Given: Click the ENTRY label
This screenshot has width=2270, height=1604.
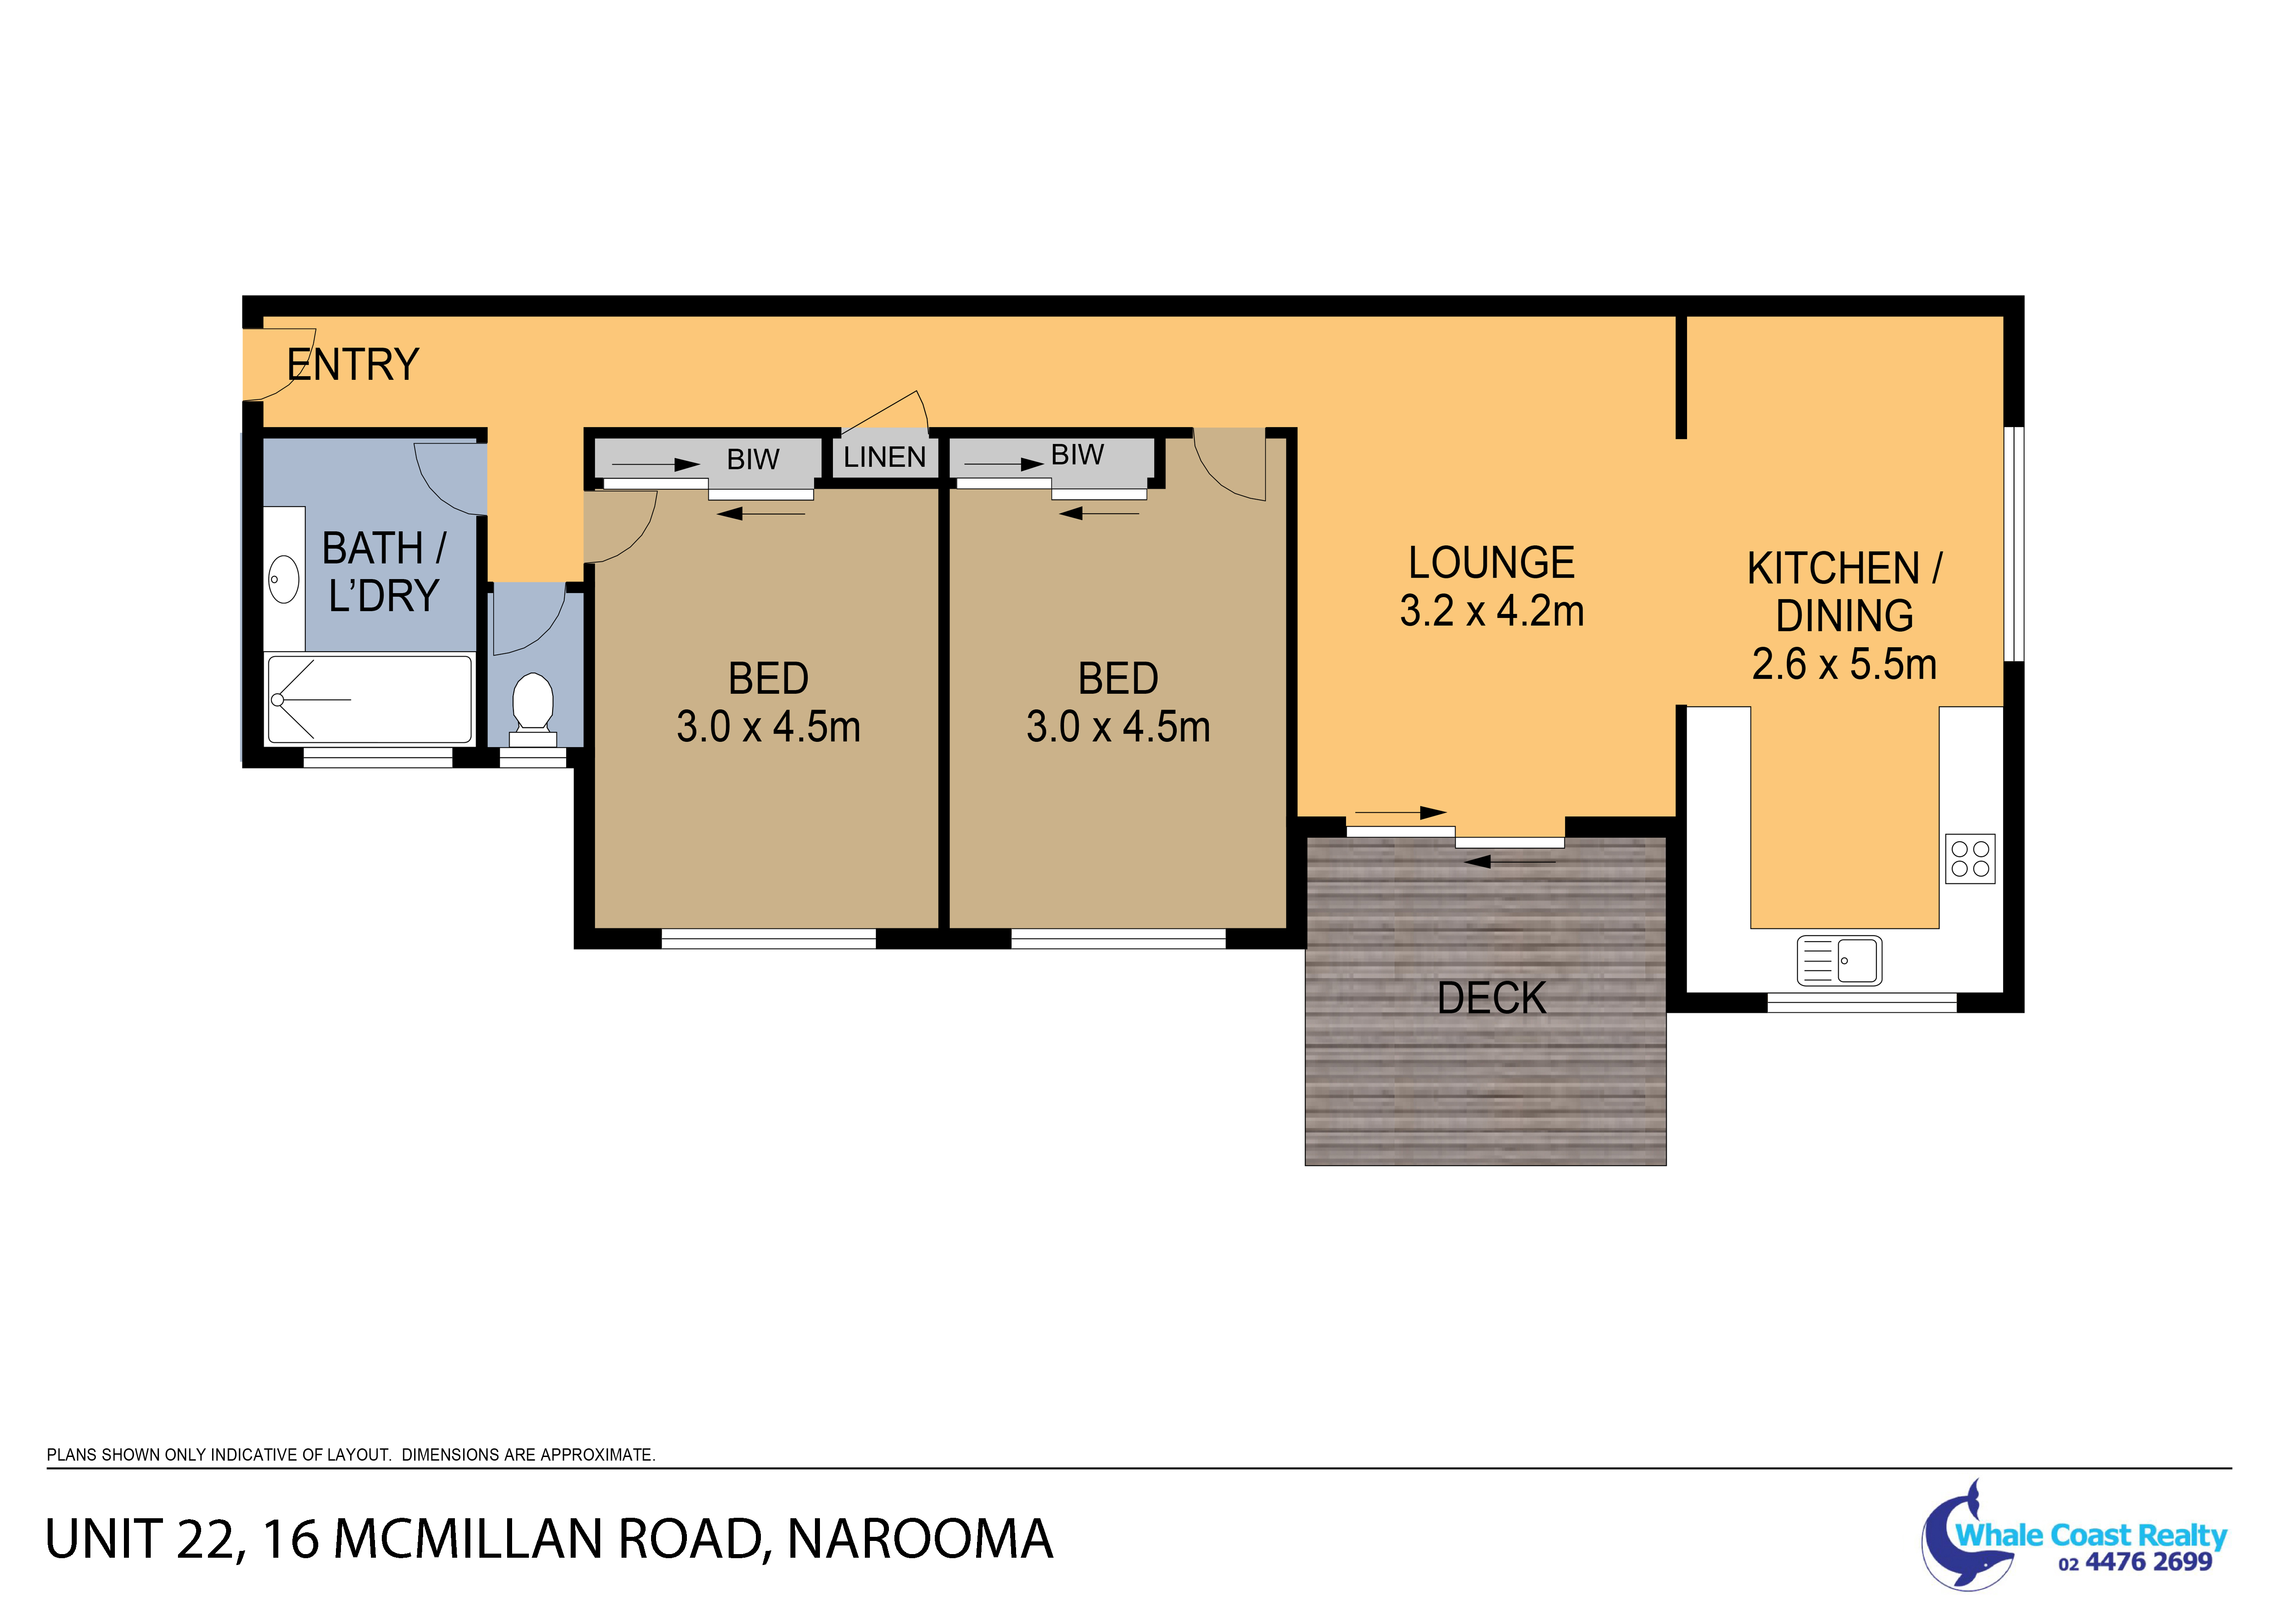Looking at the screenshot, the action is (x=353, y=365).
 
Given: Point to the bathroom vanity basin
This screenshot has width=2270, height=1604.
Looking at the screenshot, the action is (x=284, y=579).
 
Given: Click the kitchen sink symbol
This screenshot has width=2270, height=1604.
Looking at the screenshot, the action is (x=1839, y=960).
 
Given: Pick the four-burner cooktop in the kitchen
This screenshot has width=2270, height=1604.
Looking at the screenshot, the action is (x=1970, y=859).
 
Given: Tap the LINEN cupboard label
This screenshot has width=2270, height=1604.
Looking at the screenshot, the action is (x=885, y=457).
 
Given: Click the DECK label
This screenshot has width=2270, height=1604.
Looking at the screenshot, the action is (x=1492, y=998).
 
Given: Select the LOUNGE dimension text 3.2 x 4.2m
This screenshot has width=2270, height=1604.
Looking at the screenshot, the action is (x=1492, y=612).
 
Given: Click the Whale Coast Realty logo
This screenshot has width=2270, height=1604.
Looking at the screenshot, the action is (x=2073, y=1535).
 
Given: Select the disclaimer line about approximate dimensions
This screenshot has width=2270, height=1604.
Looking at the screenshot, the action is (x=351, y=1455).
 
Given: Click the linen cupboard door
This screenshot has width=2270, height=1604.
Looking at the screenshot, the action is (x=883, y=412).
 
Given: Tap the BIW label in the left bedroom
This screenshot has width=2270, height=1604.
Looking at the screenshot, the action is (x=753, y=460).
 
